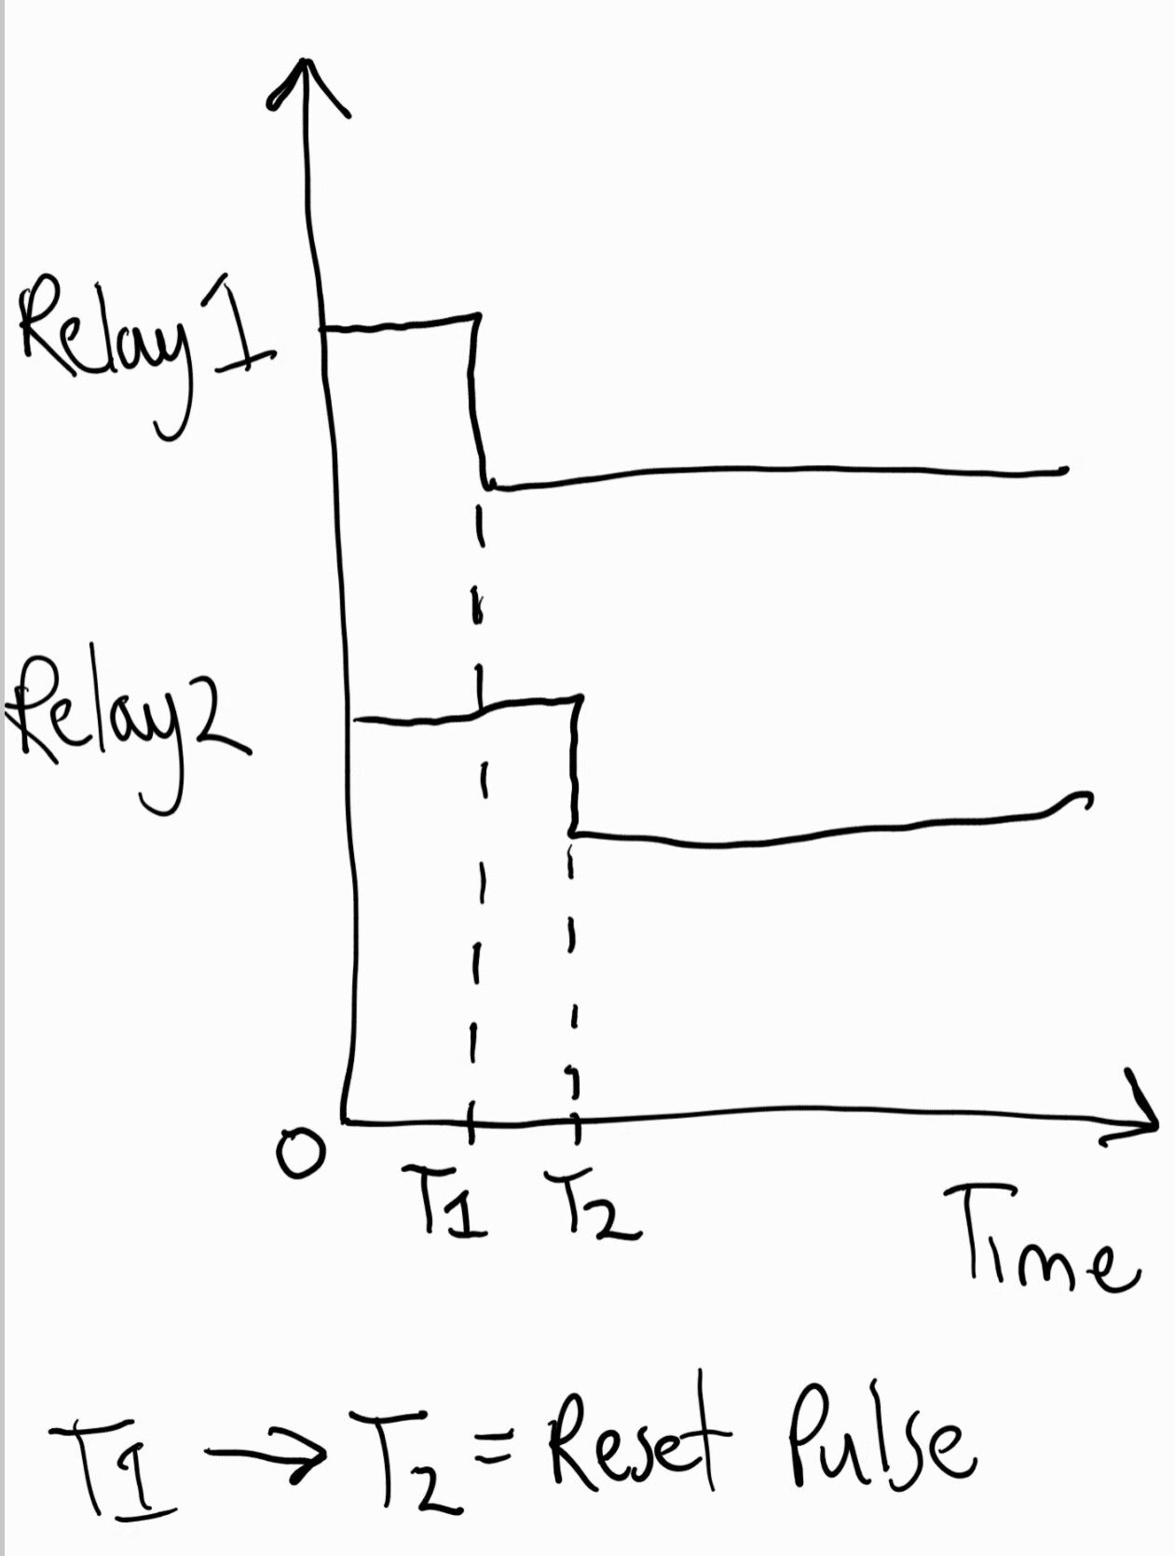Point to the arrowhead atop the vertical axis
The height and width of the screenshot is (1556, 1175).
pos(306,85)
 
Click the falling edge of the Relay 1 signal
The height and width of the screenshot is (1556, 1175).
pos(478,401)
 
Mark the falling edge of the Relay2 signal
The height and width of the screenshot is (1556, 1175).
pos(576,765)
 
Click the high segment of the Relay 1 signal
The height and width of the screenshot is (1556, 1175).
pos(400,323)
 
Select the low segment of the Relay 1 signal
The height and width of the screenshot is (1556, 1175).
pos(779,474)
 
